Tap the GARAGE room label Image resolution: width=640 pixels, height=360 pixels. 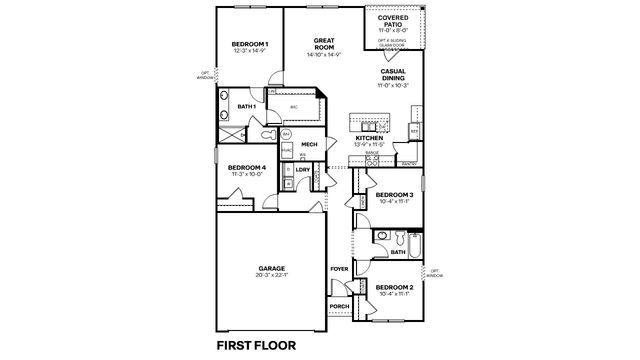[272, 268]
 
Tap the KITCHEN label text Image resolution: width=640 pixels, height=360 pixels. [370, 138]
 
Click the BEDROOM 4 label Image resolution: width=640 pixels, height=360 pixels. [246, 167]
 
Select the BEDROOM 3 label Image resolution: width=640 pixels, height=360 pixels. [395, 194]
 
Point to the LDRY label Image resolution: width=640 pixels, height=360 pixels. [302, 170]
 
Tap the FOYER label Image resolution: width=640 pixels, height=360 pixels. [339, 269]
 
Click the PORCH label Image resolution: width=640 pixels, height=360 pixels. [339, 305]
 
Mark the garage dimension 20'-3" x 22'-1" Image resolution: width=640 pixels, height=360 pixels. [272, 276]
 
